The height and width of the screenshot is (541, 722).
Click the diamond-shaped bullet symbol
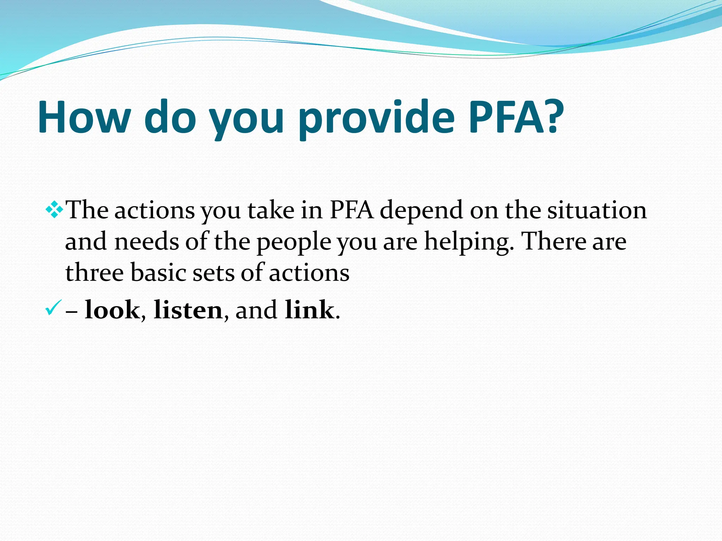click(54, 210)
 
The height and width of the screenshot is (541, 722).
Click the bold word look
click(112, 310)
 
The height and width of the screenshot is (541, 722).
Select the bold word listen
click(188, 310)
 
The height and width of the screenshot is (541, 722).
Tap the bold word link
click(309, 310)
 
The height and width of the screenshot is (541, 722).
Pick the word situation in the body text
click(596, 210)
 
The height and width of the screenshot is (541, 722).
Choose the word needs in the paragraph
click(146, 242)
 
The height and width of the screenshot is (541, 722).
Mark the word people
click(294, 242)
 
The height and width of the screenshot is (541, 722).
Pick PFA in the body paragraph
click(351, 210)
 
